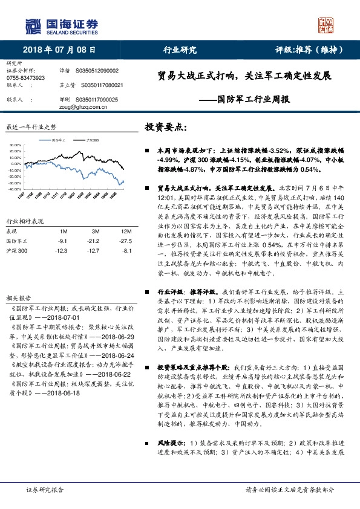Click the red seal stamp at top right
(x=329, y=24)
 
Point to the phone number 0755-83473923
(x=25, y=78)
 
